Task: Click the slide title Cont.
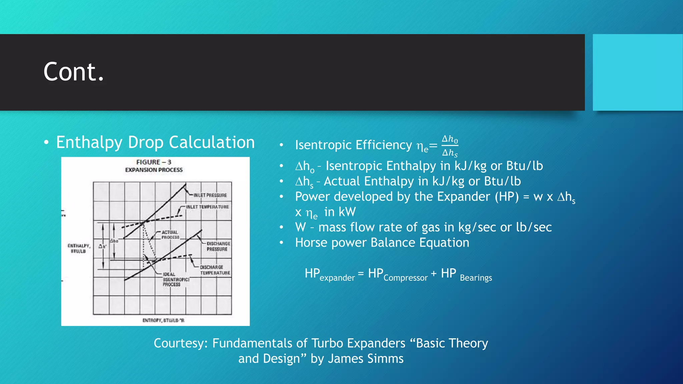click(74, 72)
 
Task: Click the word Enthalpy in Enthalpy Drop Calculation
click(89, 143)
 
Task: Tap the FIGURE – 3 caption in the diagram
click(154, 162)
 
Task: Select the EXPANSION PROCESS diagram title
click(154, 170)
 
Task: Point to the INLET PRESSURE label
click(210, 195)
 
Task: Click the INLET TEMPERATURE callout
click(207, 207)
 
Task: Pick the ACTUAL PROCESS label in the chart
click(170, 235)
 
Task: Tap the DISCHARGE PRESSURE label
click(218, 246)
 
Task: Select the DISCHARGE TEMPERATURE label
click(215, 270)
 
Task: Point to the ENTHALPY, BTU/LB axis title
click(79, 248)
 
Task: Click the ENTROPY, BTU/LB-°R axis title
click(163, 320)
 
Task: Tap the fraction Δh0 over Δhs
click(450, 146)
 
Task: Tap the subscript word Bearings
click(476, 278)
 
